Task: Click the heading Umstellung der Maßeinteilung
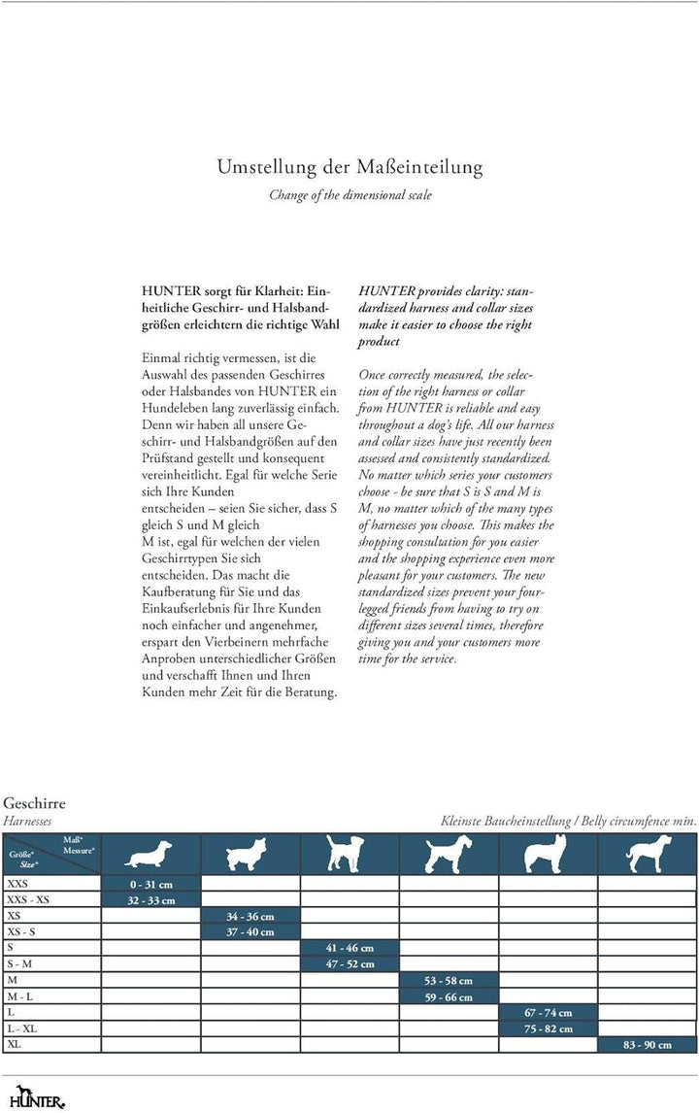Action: [x=349, y=167]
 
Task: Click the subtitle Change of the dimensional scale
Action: [x=349, y=194]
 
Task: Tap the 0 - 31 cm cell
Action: [x=150, y=884]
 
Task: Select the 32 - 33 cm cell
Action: [x=150, y=900]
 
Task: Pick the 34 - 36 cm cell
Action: [x=250, y=916]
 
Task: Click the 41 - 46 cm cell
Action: [x=349, y=948]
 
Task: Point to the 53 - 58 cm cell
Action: [x=449, y=980]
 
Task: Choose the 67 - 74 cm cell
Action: [x=549, y=1012]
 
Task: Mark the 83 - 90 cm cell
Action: [x=648, y=1044]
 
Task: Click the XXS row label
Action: [x=17, y=884]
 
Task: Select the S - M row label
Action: [x=19, y=963]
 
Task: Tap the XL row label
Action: [x=14, y=1044]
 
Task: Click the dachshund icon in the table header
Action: [x=150, y=856]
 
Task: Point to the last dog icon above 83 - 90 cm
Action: [x=648, y=854]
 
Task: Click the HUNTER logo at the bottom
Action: [x=33, y=1098]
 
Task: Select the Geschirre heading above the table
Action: [x=34, y=804]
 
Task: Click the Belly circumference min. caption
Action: [x=568, y=821]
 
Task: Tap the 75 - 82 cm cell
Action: [x=549, y=1029]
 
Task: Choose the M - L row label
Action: [x=19, y=996]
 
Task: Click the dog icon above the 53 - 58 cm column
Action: [x=449, y=854]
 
